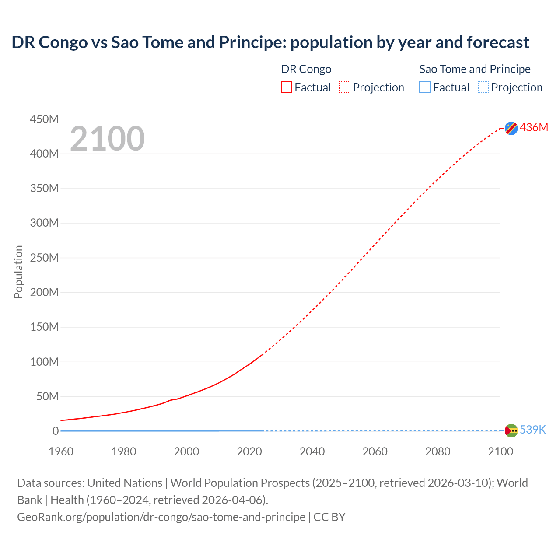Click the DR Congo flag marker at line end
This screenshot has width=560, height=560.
tap(511, 128)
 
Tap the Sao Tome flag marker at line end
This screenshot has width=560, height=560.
tap(511, 430)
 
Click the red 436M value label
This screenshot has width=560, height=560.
tap(534, 127)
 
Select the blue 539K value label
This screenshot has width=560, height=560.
tap(532, 430)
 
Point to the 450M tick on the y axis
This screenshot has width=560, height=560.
tap(44, 119)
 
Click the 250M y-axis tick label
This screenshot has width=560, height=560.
tap(44, 258)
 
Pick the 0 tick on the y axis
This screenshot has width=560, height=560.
tap(55, 431)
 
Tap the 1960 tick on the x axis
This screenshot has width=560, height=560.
tap(61, 451)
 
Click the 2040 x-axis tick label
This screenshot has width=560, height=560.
tap(312, 451)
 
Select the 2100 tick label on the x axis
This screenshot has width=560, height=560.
tap(500, 451)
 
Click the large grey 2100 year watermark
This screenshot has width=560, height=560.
tap(107, 139)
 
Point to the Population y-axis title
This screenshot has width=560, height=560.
tap(18, 272)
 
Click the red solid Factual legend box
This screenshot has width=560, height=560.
tap(286, 87)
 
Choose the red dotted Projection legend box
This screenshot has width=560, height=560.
tap(345, 87)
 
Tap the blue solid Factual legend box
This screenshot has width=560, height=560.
tap(424, 87)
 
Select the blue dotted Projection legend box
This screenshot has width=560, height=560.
tap(483, 87)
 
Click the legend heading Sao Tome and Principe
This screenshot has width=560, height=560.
tap(475, 69)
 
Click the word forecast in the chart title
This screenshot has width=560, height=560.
tap(498, 42)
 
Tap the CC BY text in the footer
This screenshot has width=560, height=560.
tap(329, 517)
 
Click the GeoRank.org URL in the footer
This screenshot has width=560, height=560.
tap(161, 517)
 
